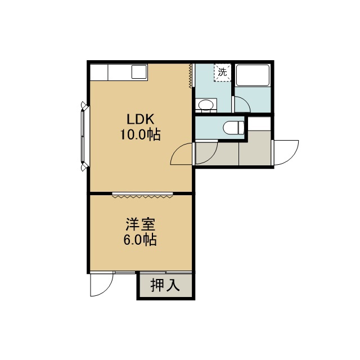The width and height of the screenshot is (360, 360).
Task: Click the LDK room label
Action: coord(140,119)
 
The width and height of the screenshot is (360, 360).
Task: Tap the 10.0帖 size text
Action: coord(140,134)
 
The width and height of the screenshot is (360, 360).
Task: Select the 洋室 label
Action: coord(140,224)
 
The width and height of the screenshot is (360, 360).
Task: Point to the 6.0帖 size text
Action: coord(140,240)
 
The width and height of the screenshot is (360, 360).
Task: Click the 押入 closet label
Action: coord(165,285)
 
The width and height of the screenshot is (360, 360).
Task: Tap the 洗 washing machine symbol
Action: coord(222,73)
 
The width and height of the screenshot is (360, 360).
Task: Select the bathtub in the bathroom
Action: coord(253,75)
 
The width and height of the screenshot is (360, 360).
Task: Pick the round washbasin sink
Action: coord(206,105)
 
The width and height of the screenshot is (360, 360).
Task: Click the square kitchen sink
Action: coord(139,72)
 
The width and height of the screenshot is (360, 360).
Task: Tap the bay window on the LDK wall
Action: coord(84,136)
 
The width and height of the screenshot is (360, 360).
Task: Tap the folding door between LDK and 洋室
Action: coord(142,195)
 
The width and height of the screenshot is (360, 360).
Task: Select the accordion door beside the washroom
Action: coord(190,76)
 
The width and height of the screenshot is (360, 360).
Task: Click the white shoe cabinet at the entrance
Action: coord(259,124)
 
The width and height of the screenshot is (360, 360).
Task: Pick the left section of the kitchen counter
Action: coord(99,73)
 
